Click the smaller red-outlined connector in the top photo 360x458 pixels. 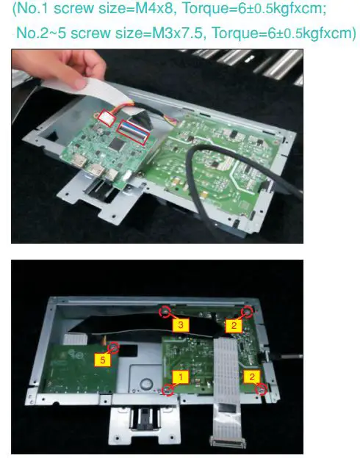click(x=107, y=116)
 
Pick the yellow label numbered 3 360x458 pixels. click(x=180, y=323)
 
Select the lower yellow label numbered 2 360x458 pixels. click(x=251, y=377)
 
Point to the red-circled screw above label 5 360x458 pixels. click(x=114, y=346)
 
